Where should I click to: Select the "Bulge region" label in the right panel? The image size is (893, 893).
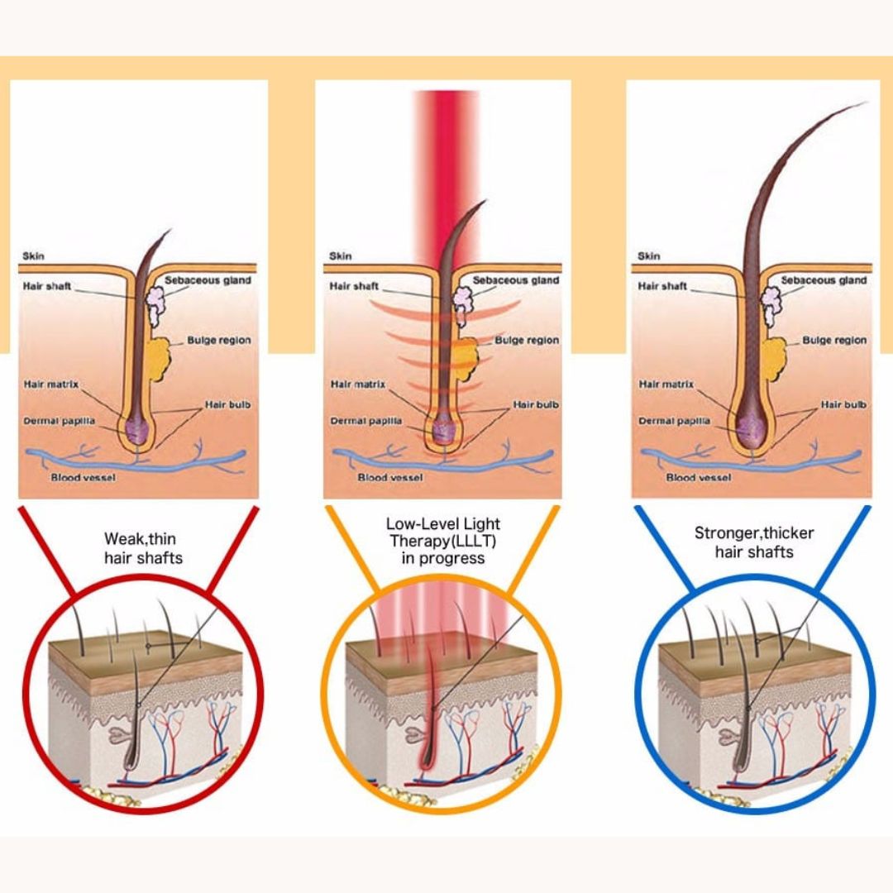tap(834, 341)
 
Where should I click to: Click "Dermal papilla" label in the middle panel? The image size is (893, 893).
tap(366, 421)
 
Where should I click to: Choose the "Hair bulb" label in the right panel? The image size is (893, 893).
tap(843, 405)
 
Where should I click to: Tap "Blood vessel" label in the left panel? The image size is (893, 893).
tap(83, 478)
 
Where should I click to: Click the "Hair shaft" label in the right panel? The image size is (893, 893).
tap(662, 287)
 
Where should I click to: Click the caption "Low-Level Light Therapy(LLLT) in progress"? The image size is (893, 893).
tap(443, 541)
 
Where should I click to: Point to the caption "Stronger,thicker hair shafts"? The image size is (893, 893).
tap(753, 542)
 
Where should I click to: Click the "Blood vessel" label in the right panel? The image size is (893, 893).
tap(699, 478)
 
